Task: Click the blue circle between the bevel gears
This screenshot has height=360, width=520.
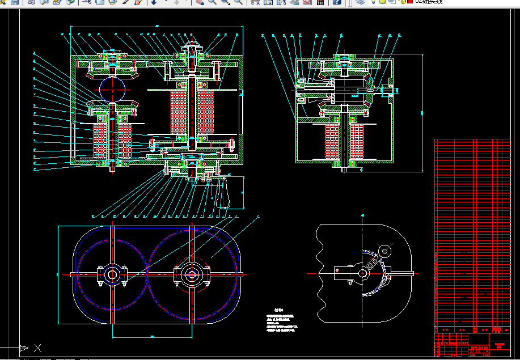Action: pos(113,89)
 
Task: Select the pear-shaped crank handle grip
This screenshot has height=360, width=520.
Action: pos(221,196)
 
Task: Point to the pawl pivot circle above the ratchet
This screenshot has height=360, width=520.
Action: pos(385,251)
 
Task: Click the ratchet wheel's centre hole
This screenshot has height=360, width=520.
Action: pos(363,273)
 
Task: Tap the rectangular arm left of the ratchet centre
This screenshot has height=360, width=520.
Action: pos(343,272)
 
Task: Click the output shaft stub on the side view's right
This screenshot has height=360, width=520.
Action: pos(394,89)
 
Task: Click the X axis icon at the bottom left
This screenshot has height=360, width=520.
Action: pos(37,348)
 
